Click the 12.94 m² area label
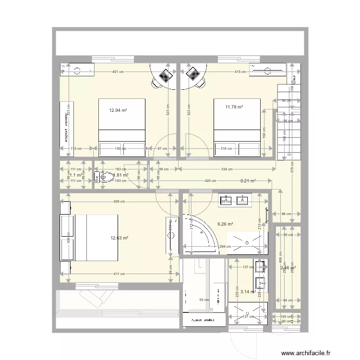(118, 110)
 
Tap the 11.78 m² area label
(234, 107)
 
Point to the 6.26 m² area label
(225, 224)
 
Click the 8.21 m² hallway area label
(248, 181)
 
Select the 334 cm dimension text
(227, 169)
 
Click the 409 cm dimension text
(119, 202)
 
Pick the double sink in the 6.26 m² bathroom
(235, 200)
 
